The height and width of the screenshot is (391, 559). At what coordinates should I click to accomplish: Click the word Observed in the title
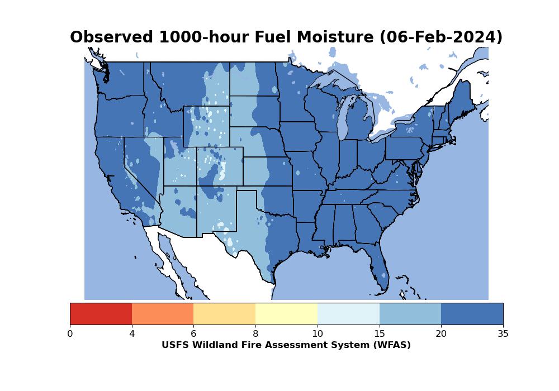(112, 37)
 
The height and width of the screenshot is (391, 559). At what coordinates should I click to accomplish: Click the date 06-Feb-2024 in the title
(440, 37)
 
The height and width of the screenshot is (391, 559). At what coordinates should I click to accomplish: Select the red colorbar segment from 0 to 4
(101, 314)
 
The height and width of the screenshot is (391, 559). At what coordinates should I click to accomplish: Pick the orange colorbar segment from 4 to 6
(163, 314)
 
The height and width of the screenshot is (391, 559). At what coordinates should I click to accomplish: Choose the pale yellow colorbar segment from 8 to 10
(287, 314)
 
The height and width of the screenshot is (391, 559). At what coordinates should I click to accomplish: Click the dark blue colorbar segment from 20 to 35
(472, 314)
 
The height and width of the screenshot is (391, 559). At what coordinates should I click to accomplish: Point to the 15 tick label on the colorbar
(380, 333)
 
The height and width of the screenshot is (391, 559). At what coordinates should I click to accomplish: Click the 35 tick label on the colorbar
(503, 333)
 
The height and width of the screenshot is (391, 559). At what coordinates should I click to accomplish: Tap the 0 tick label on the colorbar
(70, 333)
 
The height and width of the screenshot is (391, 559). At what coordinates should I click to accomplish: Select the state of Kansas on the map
(267, 171)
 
